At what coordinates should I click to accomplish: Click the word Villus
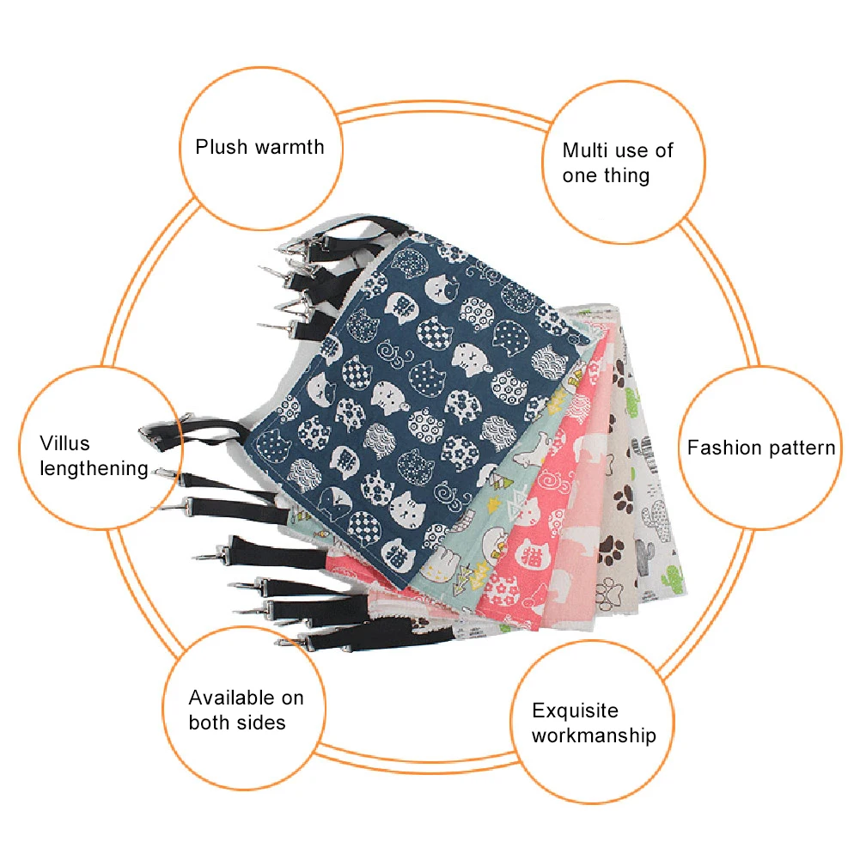point(64,444)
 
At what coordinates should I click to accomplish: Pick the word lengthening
point(95,469)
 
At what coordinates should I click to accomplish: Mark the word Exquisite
point(575,711)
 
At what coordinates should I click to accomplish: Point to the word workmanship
point(594,735)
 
